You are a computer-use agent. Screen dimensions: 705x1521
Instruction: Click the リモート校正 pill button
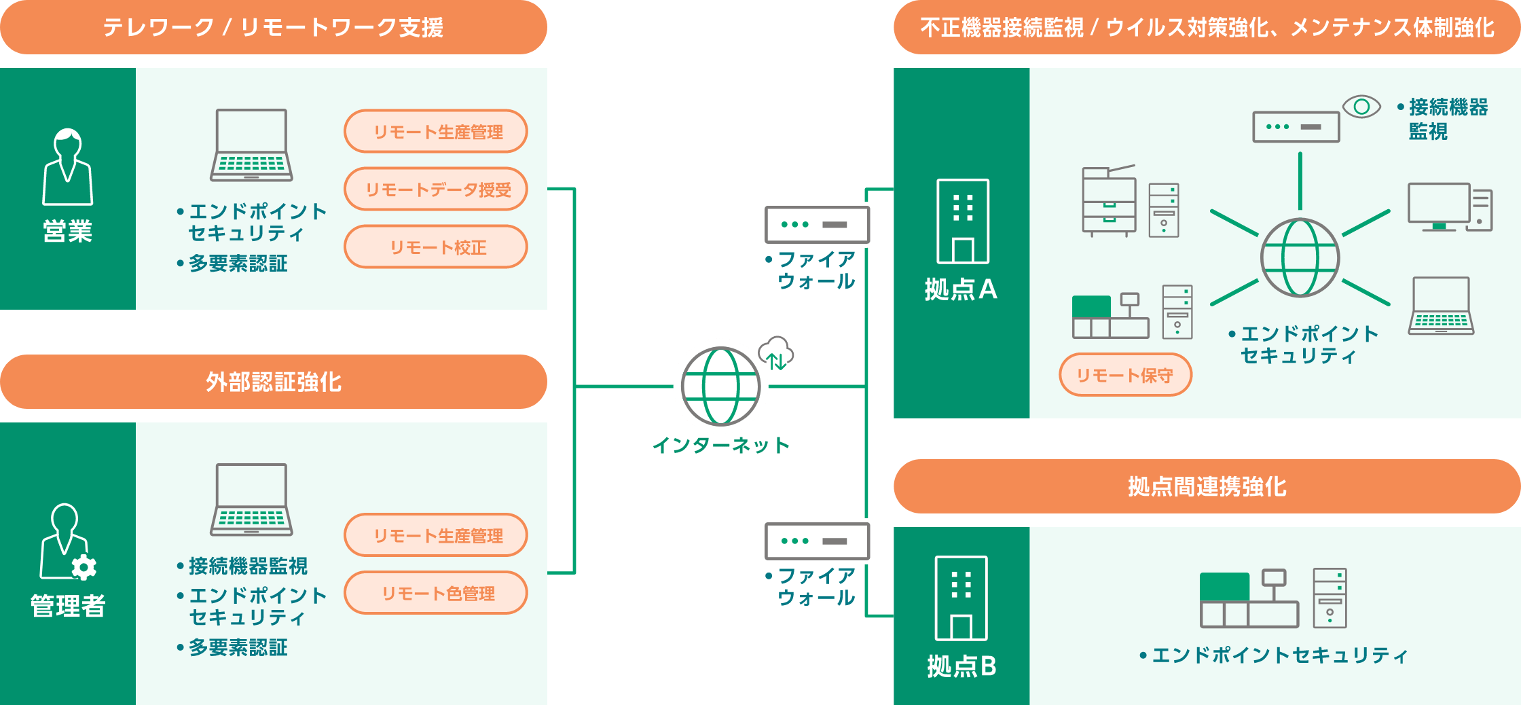436,247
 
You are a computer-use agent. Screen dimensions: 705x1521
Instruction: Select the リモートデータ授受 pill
436,189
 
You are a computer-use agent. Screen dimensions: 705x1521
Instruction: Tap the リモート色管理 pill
436,593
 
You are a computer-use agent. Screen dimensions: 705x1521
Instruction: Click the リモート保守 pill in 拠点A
1125,375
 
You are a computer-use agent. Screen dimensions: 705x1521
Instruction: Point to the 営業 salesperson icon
67,167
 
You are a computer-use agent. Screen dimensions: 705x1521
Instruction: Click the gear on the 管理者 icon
84,566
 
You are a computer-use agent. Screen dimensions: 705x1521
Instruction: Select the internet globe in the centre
720,386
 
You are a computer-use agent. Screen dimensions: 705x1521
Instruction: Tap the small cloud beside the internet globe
776,352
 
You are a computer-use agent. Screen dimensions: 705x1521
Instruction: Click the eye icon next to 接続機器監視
1361,107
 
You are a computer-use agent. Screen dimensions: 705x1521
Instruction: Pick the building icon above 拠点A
963,221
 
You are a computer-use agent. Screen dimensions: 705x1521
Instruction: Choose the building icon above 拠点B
961,598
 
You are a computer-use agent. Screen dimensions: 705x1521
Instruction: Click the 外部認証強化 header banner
274,382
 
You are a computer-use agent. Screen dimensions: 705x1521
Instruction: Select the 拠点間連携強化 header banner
1207,486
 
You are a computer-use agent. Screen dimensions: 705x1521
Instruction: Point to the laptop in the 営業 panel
251,145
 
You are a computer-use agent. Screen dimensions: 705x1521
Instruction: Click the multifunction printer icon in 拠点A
1109,201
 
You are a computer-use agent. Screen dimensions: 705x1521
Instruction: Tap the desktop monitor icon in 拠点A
1439,206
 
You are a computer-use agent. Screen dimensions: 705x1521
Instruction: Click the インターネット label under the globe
720,446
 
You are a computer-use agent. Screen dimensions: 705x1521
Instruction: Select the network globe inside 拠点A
1300,257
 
